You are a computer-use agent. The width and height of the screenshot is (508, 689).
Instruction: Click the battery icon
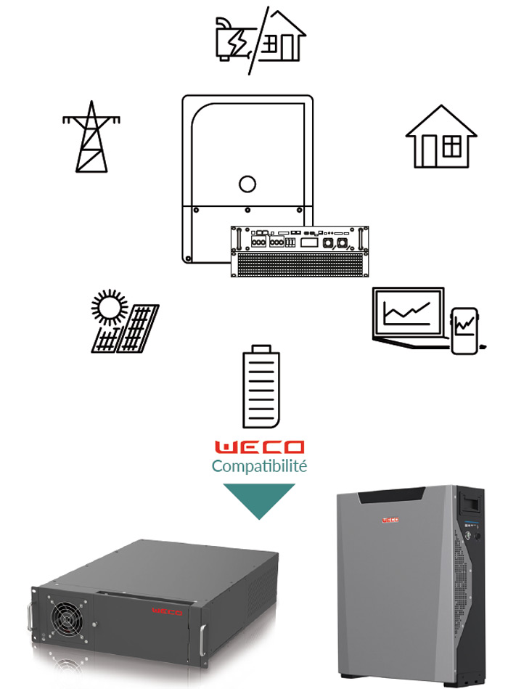[x=260, y=388]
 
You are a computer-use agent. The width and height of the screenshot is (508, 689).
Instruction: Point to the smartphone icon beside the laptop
[x=464, y=331]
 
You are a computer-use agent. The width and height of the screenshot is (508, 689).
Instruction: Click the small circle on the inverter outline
[x=247, y=184]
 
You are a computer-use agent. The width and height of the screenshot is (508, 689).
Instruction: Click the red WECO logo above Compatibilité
[x=259, y=447]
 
